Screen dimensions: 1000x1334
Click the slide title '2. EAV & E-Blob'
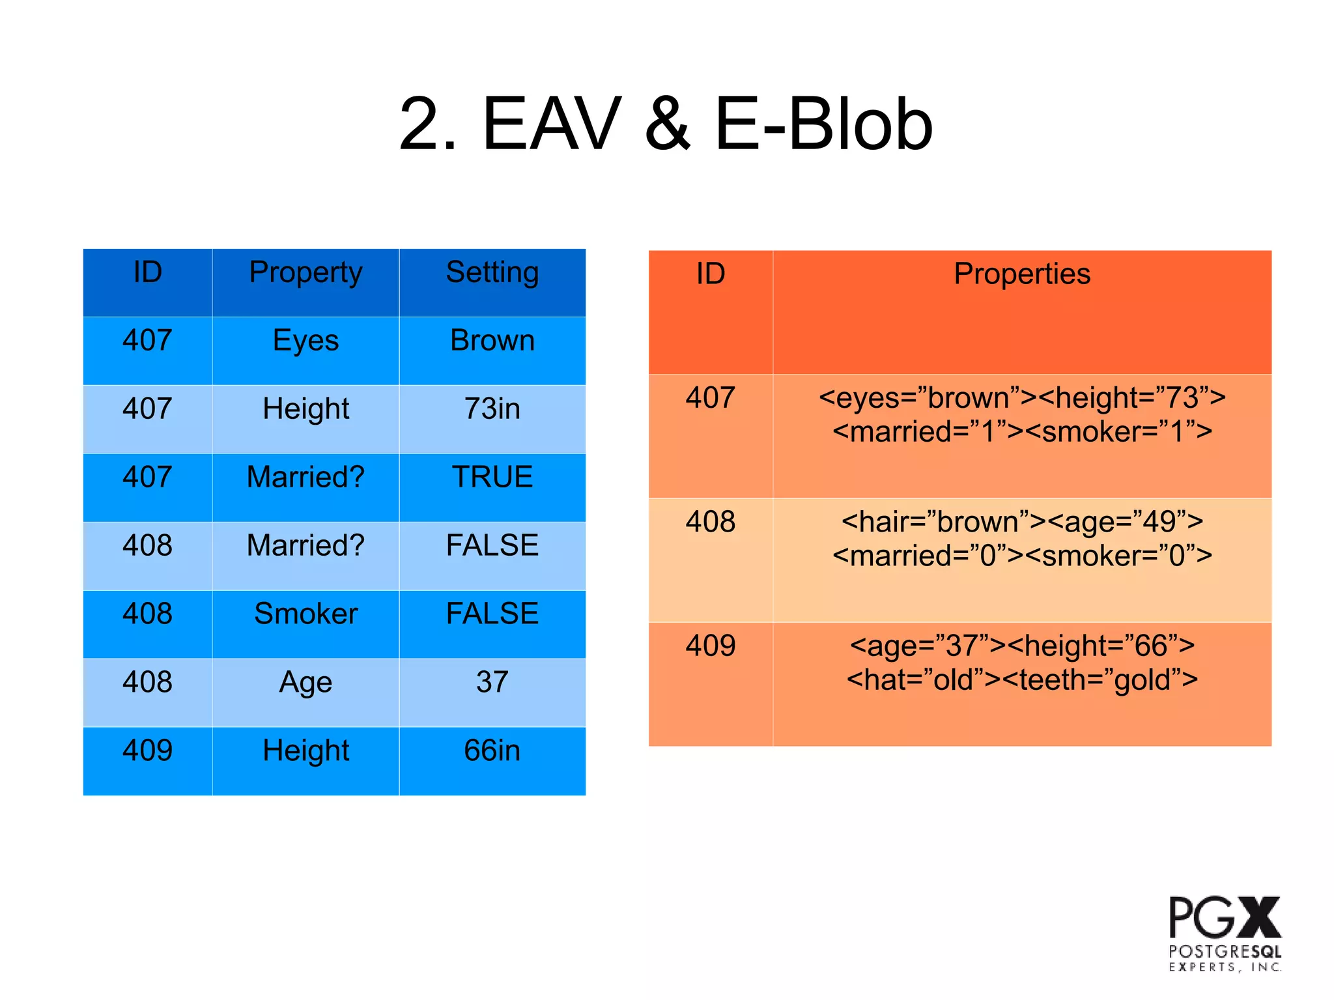666,124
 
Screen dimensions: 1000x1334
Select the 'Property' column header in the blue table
305,273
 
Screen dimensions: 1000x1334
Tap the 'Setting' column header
492,273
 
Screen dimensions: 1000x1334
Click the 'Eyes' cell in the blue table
305,341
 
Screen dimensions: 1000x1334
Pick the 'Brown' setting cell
492,341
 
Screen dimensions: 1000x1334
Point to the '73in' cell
492,409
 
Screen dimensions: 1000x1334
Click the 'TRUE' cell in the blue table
492,477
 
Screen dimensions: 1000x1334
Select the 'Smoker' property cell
305,614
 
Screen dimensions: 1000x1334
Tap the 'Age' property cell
305,682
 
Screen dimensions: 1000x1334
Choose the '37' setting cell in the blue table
492,682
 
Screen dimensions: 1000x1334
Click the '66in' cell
492,750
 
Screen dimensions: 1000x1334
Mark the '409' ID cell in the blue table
148,750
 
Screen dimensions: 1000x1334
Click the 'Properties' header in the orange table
1021,274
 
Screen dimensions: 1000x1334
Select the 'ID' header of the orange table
710,274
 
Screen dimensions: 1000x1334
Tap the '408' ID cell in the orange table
710,522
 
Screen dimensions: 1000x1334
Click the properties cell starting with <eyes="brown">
1021,414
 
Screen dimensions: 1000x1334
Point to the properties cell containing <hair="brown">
1021,539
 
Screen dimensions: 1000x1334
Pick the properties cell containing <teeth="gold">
1021,663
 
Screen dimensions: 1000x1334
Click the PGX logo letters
1224,917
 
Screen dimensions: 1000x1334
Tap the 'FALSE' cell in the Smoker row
492,614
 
